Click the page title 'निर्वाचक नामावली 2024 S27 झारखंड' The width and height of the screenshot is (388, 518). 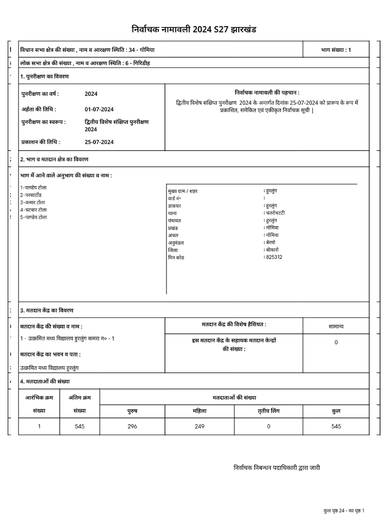194,29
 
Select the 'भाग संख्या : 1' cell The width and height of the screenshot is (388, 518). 336,50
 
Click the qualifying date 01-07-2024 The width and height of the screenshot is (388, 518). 99,109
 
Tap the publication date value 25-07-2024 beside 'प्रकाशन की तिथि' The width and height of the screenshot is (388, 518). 99,142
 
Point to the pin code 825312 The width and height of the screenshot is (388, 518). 274,257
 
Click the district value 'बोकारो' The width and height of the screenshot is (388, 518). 272,250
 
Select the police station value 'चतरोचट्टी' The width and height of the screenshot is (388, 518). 275,213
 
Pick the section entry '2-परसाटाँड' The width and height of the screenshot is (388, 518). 31,195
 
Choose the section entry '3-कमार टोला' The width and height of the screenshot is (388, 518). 33,203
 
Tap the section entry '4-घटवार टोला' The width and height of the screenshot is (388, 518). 34,210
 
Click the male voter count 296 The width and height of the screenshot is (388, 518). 132,426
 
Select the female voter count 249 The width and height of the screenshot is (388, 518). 199,426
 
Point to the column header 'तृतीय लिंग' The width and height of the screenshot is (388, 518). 268,411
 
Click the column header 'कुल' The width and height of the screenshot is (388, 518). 336,411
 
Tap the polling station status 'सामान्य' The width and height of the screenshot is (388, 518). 336,327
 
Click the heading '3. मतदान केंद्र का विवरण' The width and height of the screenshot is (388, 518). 47,310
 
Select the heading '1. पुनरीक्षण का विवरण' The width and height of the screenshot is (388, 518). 45,77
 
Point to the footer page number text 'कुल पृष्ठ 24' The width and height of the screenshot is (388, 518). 334,511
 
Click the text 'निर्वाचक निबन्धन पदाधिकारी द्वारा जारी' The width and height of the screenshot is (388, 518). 277,468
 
